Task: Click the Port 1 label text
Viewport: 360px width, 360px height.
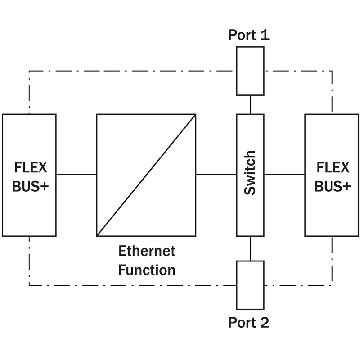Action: tap(248, 35)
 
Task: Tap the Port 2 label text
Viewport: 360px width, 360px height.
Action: tap(248, 322)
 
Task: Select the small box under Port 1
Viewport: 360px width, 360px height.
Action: tap(250, 71)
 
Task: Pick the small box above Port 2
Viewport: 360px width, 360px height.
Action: tap(250, 285)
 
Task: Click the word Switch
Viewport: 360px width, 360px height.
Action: tap(250, 173)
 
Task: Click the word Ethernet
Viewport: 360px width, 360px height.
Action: tap(147, 251)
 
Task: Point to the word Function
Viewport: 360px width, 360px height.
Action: tap(147, 270)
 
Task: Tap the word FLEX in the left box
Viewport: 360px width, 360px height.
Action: tap(29, 167)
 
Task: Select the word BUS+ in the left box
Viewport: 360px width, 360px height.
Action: tap(29, 186)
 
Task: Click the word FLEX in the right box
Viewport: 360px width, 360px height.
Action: tap(333, 167)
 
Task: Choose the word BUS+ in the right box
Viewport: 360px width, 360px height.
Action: tap(333, 186)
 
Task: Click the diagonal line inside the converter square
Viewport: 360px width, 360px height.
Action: tap(146, 175)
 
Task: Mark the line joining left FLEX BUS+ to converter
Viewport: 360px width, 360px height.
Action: tap(76, 174)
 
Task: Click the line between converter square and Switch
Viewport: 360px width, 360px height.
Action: tap(216, 174)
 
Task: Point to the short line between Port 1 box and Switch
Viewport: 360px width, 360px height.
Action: tap(250, 104)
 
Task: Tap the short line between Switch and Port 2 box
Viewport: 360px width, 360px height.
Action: tap(250, 248)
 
